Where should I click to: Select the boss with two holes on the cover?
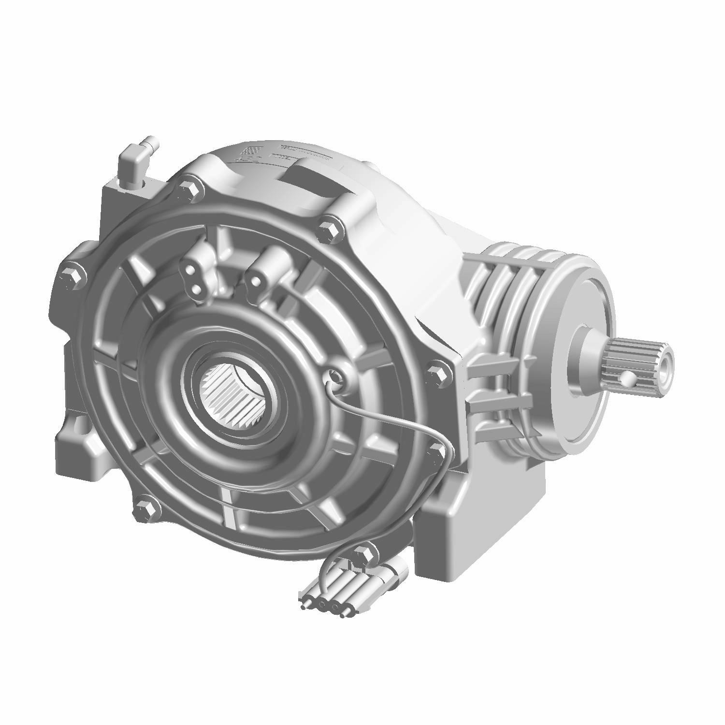pos(194,280)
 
